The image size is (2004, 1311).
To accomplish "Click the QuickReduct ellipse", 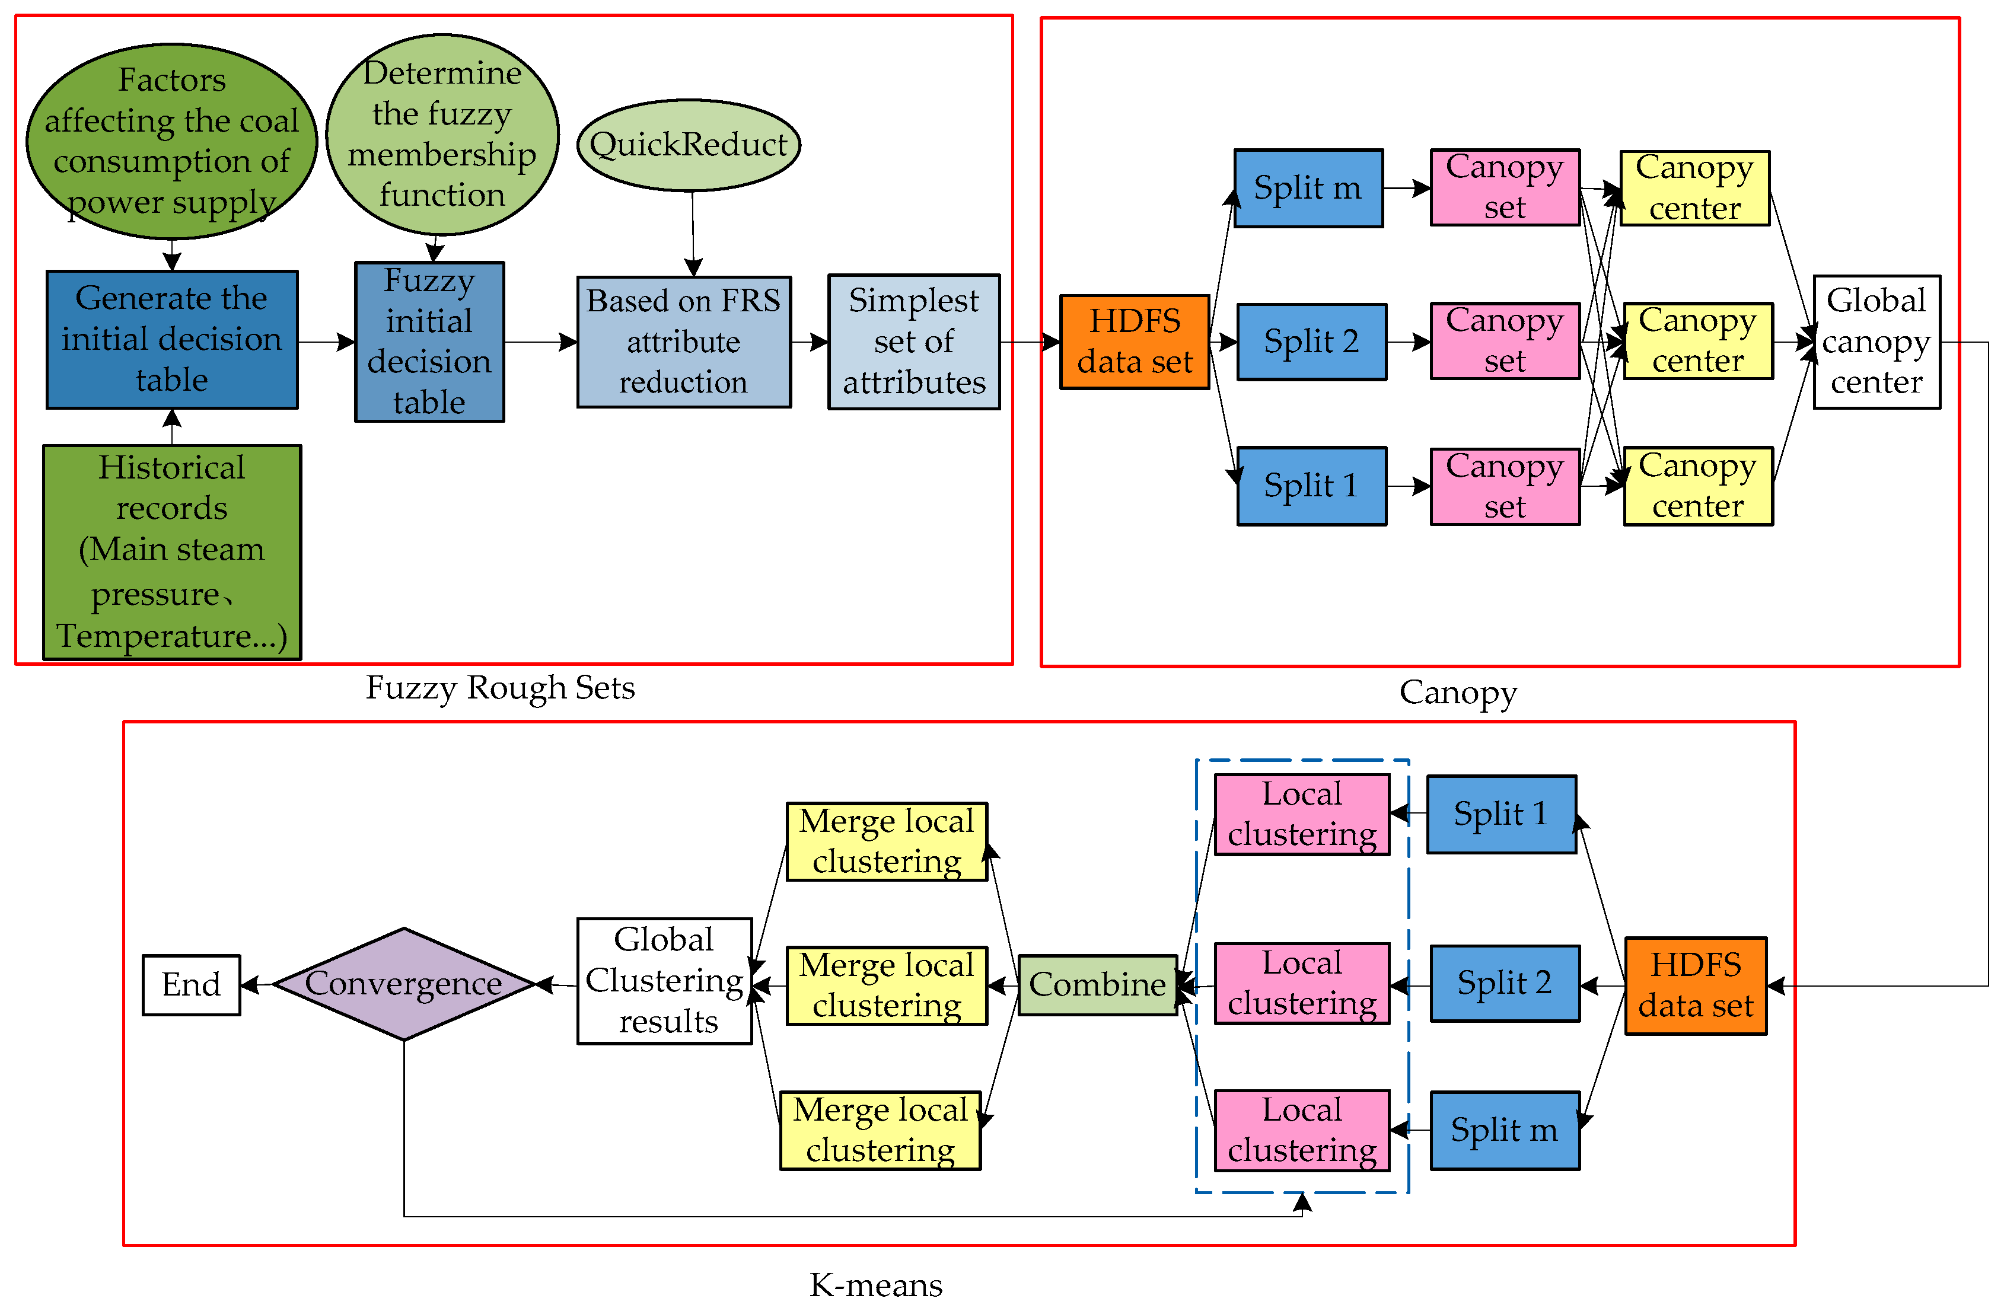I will point(688,145).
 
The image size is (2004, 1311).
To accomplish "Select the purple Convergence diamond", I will point(403,984).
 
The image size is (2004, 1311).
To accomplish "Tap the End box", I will point(191,984).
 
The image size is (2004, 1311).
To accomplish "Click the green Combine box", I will point(1097,984).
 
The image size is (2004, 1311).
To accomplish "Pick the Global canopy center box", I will point(1876,342).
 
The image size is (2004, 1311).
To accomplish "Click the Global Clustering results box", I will point(664,981).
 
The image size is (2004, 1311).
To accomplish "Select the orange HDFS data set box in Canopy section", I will point(1134,342).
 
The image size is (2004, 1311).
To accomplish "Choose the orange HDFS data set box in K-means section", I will point(1695,985).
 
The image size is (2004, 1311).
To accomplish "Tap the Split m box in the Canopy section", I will point(1308,189).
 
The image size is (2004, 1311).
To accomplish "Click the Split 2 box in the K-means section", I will point(1504,984).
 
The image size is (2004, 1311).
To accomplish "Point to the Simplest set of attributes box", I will point(913,342).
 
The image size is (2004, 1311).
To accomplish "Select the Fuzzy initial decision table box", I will point(429,342).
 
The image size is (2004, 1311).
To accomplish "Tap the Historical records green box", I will point(172,551).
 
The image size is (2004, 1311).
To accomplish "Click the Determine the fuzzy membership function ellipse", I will point(442,135).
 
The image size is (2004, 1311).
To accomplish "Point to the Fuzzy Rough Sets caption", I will point(500,688).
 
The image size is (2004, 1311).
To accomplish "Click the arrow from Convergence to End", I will point(257,984).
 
